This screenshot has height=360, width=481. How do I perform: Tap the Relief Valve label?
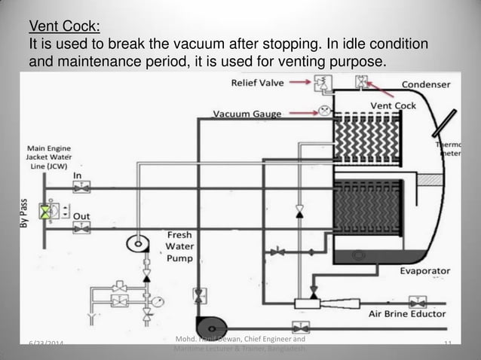click(x=257, y=82)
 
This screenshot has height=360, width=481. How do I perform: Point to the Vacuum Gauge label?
click(x=247, y=114)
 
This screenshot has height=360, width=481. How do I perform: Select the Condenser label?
click(x=426, y=84)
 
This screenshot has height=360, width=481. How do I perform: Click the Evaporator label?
click(x=425, y=270)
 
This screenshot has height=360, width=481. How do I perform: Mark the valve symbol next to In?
click(x=78, y=188)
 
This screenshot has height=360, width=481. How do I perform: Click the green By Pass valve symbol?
click(x=47, y=211)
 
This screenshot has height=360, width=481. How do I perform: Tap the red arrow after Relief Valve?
click(x=299, y=81)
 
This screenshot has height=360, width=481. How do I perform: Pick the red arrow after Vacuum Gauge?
click(x=299, y=113)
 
